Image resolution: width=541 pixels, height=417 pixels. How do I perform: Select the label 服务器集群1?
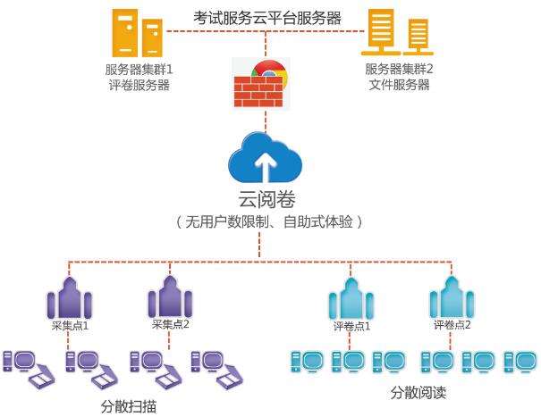point(138,70)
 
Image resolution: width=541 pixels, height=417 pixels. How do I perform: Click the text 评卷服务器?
point(138,85)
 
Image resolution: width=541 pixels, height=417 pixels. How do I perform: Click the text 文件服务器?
point(399,85)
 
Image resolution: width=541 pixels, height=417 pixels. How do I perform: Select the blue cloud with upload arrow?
point(265,157)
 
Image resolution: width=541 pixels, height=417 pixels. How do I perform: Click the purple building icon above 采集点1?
point(71,295)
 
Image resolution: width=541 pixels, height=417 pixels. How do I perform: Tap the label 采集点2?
point(171,325)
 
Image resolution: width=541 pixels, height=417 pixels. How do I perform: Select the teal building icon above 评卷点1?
point(351,296)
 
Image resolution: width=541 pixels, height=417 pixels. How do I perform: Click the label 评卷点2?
point(452,325)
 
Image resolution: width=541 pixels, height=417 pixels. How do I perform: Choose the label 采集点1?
point(70,326)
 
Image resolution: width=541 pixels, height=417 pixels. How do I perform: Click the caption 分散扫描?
point(130,404)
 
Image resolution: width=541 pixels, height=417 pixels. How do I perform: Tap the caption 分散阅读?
point(418,392)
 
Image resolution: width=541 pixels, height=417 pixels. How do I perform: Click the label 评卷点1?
point(351,326)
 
